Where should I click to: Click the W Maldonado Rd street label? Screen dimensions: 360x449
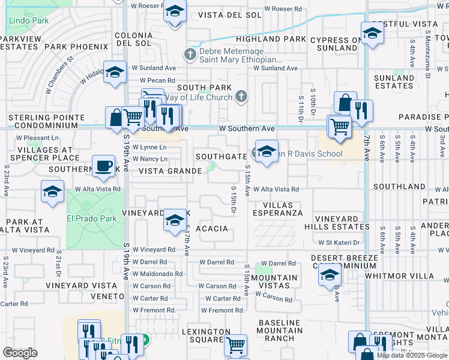point(157,274)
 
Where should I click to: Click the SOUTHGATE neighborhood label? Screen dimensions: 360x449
point(220,157)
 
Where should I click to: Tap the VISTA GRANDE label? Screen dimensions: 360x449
point(170,171)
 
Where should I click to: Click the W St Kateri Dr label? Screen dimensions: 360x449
point(338,242)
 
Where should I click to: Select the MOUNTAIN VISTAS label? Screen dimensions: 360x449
point(274,281)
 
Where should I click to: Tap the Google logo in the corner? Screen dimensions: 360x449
point(20,352)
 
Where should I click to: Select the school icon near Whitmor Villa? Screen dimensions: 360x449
point(330,275)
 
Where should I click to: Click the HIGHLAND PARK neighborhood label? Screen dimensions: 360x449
point(280,39)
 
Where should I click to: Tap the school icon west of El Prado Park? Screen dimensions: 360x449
point(52,192)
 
